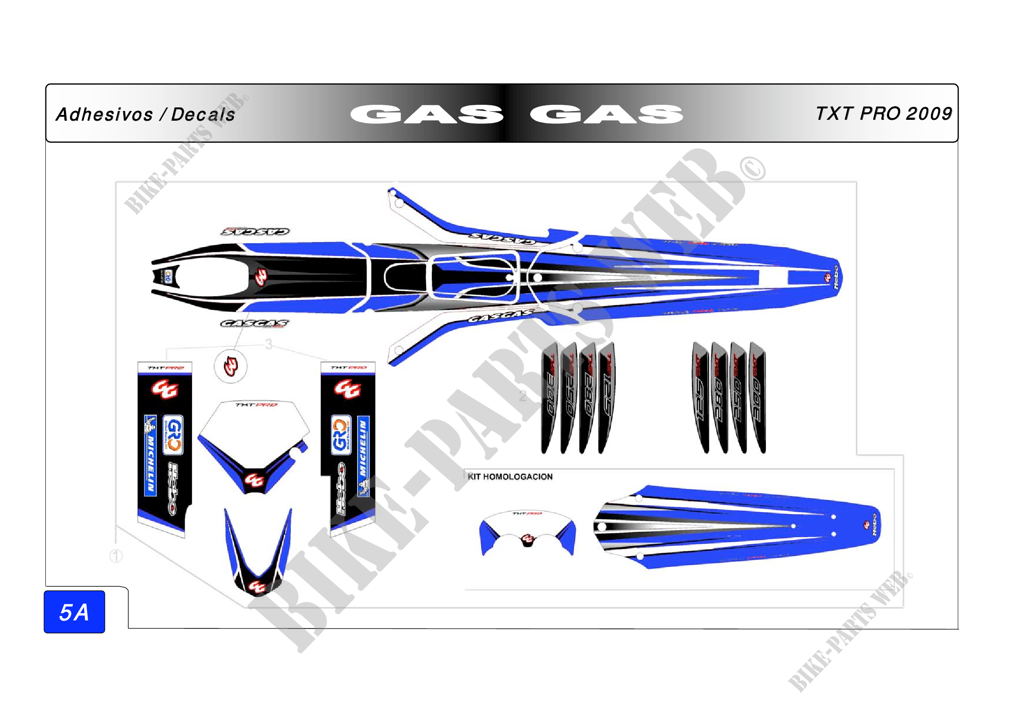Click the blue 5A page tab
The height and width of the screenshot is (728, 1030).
point(74,612)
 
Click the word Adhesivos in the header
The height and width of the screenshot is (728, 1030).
point(104,115)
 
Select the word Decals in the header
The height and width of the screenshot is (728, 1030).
point(203,115)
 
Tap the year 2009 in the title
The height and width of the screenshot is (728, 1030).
point(929,114)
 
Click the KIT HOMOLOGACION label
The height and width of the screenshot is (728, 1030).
point(510,477)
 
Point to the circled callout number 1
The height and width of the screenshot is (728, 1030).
point(116,556)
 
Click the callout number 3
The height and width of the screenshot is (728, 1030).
point(268,344)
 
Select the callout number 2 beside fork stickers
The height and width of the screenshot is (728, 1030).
point(523,396)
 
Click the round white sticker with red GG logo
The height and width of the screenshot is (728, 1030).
point(231,366)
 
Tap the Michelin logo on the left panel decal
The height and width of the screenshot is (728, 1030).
point(150,455)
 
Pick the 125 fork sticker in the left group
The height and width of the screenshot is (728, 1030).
point(606,397)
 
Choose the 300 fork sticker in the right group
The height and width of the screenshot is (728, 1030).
point(758,397)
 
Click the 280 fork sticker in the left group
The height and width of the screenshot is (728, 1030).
point(588,397)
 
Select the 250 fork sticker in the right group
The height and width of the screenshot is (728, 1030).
point(738,397)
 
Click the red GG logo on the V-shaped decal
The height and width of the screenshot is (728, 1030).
point(258,586)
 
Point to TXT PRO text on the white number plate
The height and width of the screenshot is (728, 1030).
point(257,405)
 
